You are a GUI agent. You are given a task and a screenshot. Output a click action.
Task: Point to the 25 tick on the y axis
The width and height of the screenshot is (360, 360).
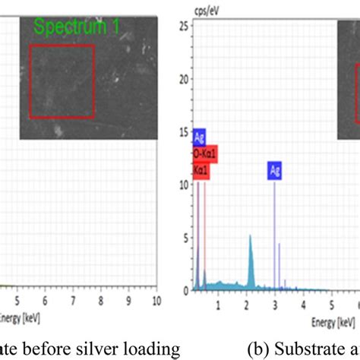tap(182, 26)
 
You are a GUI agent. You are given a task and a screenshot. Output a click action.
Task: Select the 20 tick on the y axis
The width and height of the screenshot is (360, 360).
tap(182, 79)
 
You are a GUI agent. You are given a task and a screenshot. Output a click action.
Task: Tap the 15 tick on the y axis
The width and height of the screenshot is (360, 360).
tap(182, 132)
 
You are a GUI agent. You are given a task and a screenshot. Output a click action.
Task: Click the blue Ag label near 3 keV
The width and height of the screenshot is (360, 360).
tap(273, 171)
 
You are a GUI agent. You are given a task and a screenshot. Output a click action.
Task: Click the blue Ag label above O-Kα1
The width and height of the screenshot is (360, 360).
tap(200, 137)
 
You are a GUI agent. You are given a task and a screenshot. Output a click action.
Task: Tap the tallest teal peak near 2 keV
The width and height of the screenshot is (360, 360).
tap(250, 239)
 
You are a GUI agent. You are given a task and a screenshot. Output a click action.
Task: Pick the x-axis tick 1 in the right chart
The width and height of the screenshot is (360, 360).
tap(218, 305)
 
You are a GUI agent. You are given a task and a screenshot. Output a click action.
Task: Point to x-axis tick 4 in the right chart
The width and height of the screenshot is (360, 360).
tap(302, 305)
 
